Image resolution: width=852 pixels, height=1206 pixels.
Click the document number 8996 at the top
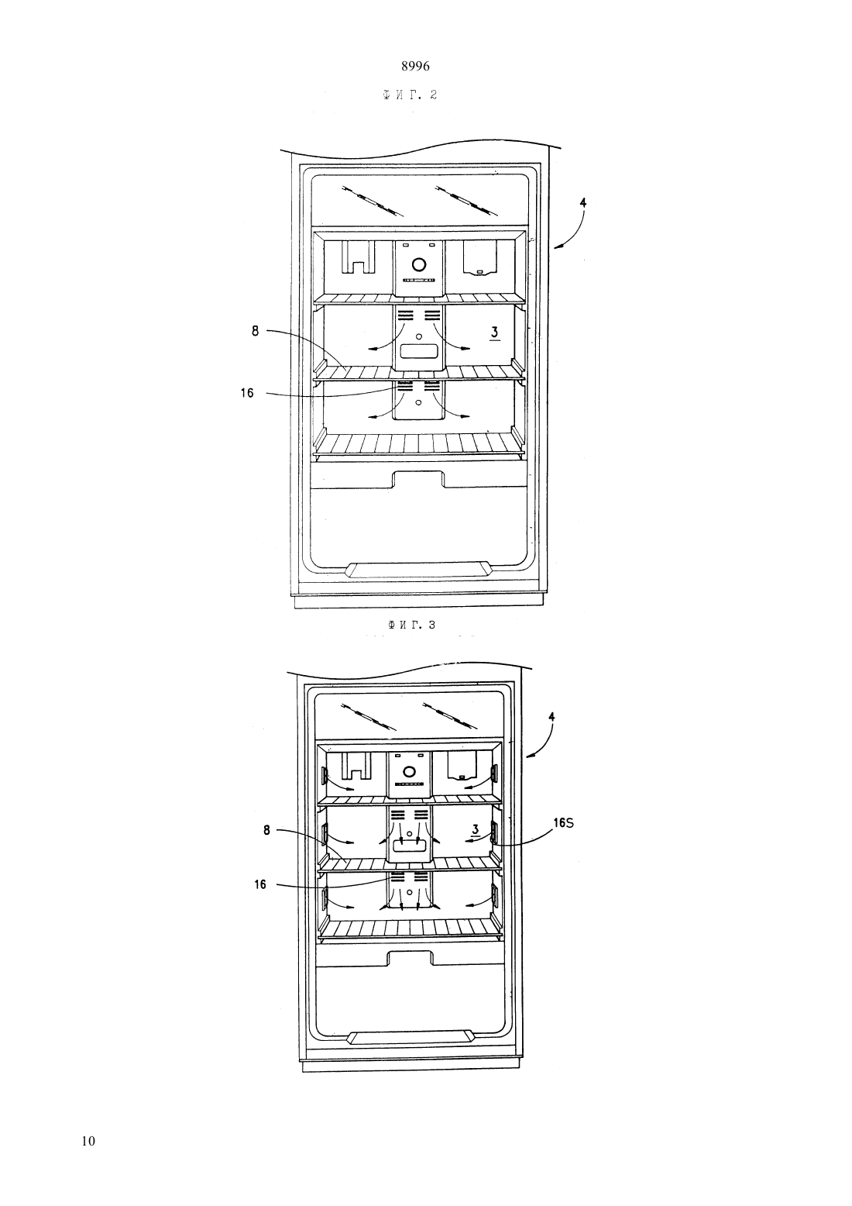point(415,67)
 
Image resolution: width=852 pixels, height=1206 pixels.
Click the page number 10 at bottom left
point(88,1141)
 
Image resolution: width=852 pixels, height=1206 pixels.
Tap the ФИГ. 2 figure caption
point(410,95)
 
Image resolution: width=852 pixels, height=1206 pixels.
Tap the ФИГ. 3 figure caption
point(411,625)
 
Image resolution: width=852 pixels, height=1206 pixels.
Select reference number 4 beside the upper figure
point(583,203)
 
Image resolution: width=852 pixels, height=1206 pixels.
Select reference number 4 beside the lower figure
point(551,717)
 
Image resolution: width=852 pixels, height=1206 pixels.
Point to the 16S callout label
point(563,823)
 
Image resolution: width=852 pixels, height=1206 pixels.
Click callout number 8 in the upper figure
point(255,331)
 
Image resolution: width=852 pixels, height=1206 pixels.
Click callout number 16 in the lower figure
point(259,884)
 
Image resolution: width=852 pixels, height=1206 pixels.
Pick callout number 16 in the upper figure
point(247,393)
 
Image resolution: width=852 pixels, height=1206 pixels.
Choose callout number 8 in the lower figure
point(266,830)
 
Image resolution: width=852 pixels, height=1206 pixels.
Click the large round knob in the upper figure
point(419,264)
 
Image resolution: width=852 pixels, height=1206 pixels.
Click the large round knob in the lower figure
point(409,772)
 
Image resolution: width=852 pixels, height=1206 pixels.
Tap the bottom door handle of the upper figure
point(419,570)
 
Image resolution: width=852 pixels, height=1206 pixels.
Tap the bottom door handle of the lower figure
point(411,1037)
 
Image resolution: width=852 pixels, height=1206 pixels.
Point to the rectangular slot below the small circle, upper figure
point(419,352)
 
